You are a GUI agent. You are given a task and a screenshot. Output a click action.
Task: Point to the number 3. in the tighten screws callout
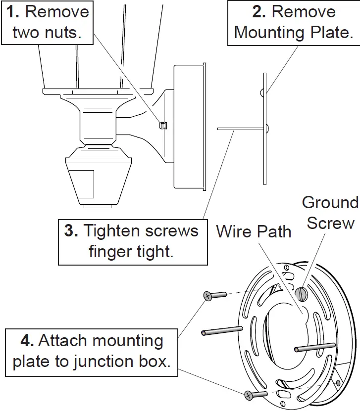pyautogui.click(x=71, y=231)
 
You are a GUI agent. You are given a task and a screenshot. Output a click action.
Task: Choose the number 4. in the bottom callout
pyautogui.click(x=27, y=341)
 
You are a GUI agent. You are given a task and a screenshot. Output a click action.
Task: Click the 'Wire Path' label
pyautogui.click(x=254, y=231)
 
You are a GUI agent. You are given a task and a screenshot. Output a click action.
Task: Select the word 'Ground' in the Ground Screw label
pyautogui.click(x=330, y=202)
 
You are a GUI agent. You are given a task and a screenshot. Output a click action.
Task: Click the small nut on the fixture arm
pyautogui.click(x=162, y=126)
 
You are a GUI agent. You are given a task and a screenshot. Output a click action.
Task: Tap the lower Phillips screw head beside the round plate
pyautogui.click(x=249, y=394)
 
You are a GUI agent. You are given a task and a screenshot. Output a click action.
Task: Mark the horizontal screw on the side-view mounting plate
pyautogui.click(x=240, y=129)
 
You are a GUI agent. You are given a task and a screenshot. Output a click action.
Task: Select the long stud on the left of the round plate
pyautogui.click(x=222, y=330)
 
